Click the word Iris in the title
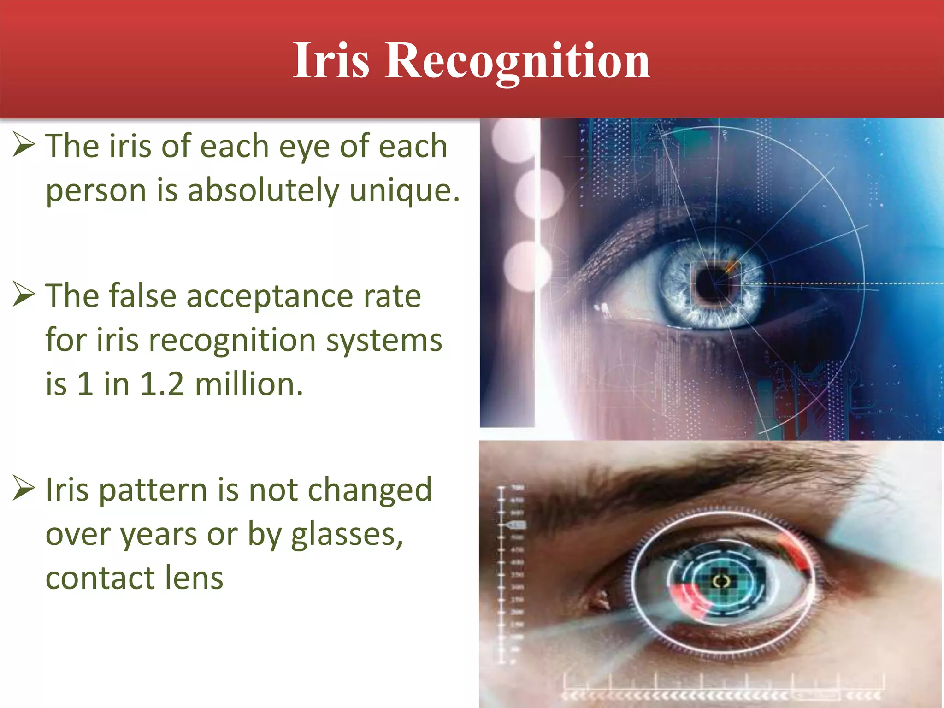click(331, 60)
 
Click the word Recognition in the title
click(517, 60)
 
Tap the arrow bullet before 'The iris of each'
click(24, 144)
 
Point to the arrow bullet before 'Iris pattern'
click(24, 488)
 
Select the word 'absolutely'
click(263, 190)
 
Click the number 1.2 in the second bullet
click(162, 384)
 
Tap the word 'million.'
click(249, 384)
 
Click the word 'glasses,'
click(347, 535)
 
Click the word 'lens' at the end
click(194, 578)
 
